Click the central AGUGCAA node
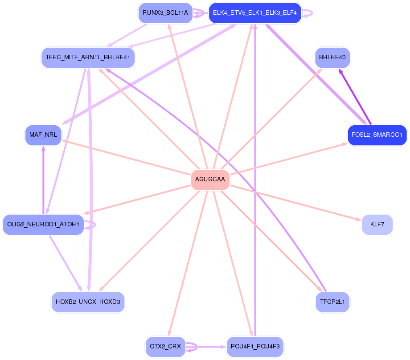(210, 180)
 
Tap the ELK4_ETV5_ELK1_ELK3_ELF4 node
(255, 13)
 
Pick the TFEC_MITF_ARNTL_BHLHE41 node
(88, 58)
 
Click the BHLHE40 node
(332, 58)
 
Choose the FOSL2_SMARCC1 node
(377, 135)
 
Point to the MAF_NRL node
(43, 135)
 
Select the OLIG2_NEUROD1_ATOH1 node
(43, 225)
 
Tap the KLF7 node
(377, 225)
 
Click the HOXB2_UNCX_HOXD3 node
(88, 303)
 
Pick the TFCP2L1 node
(332, 303)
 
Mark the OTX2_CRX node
(165, 347)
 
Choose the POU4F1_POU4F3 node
(255, 347)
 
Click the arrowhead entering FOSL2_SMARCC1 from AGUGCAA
(344, 143)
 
